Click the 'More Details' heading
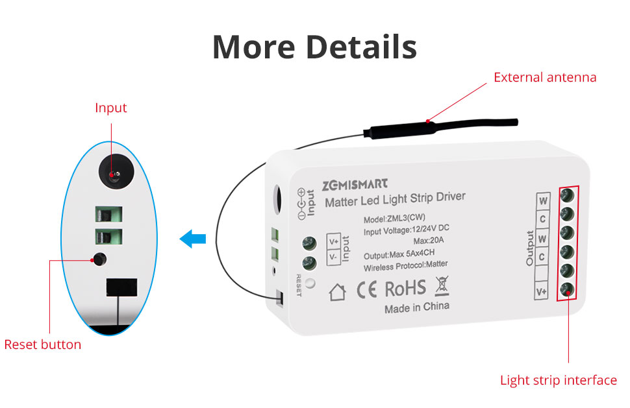(x=314, y=47)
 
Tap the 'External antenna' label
(x=545, y=77)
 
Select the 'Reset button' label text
(x=43, y=344)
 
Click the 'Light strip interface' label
(x=558, y=380)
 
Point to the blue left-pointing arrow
(x=193, y=239)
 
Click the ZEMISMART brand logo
(x=355, y=185)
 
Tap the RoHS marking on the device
(x=405, y=289)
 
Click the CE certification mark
(x=367, y=290)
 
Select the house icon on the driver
(x=337, y=292)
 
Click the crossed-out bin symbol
(x=442, y=285)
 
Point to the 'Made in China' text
(x=417, y=307)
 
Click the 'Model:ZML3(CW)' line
(x=394, y=219)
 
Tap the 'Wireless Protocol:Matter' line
(x=405, y=265)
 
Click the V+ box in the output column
(x=541, y=291)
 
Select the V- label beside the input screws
(x=333, y=256)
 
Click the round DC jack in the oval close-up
(x=116, y=172)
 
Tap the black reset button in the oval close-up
(x=99, y=259)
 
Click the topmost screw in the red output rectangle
(x=567, y=195)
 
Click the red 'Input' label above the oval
(x=111, y=108)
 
